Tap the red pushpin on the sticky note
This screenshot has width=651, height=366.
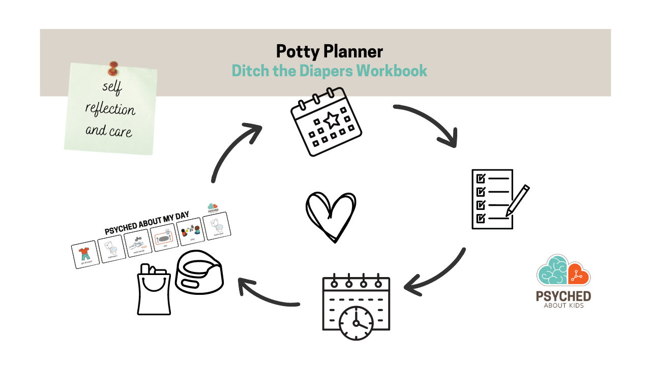112,68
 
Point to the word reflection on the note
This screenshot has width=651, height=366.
110,109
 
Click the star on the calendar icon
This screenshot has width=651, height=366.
332,120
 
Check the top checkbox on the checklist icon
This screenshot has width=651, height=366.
480,178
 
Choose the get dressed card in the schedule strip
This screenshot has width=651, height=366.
84,254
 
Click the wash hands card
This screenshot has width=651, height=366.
137,243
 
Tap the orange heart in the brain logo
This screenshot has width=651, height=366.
579,274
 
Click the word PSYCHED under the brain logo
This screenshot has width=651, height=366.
564,296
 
